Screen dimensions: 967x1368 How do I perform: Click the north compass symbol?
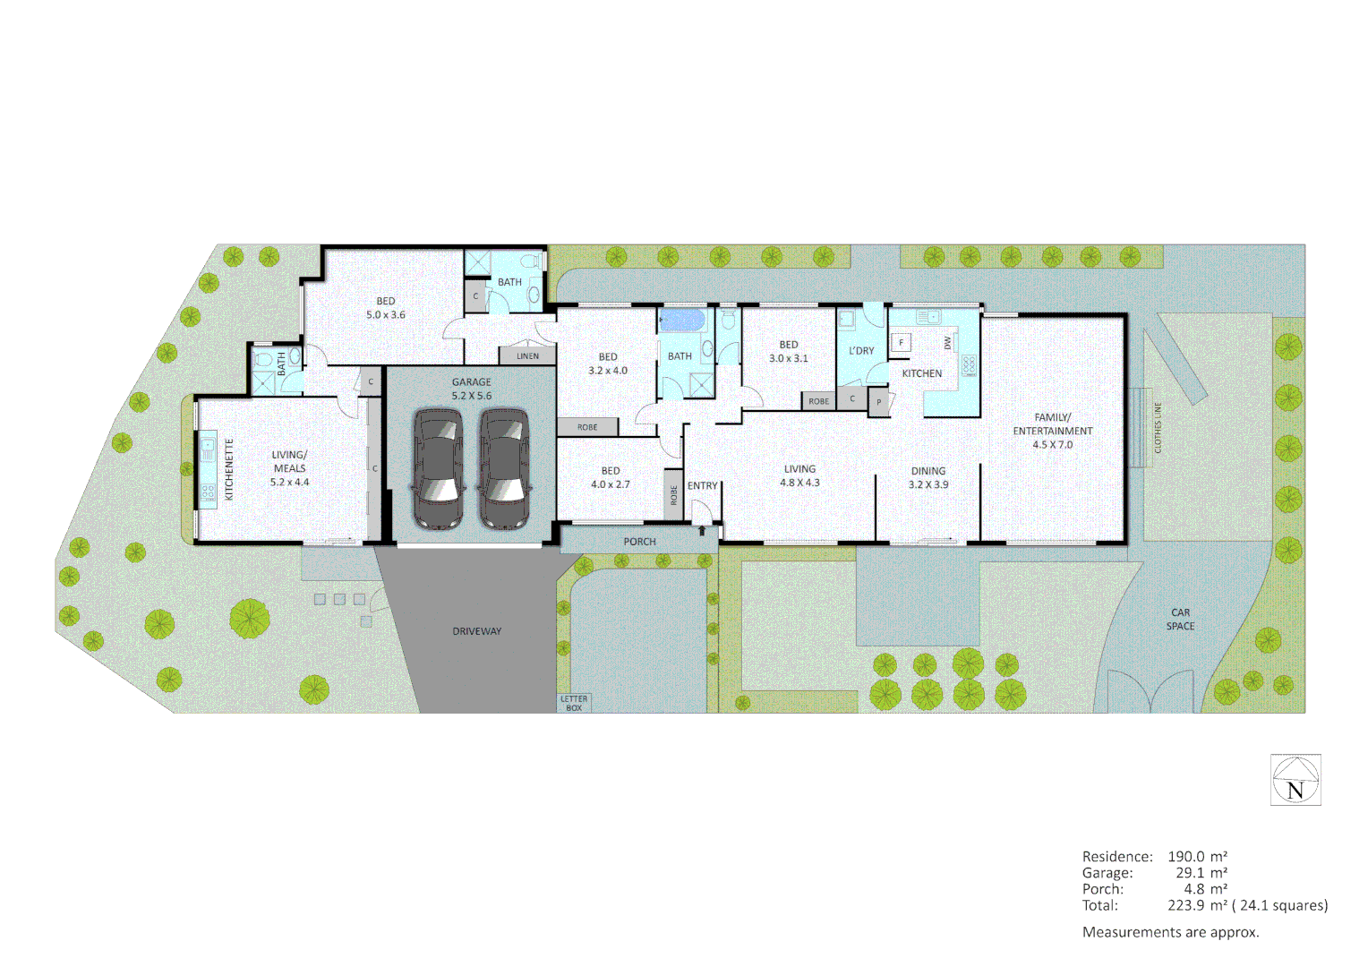click(x=1295, y=780)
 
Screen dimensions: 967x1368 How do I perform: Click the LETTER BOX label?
click(x=574, y=703)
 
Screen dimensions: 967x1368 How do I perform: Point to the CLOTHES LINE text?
click(x=1158, y=428)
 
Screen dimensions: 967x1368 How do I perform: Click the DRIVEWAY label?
click(x=476, y=631)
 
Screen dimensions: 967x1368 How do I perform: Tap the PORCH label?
click(x=639, y=542)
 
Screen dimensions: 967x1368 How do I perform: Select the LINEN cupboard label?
click(x=527, y=356)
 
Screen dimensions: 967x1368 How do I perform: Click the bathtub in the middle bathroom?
click(x=683, y=320)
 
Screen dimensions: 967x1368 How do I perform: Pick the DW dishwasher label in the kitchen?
click(x=947, y=342)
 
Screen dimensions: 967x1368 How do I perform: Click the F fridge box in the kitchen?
click(x=902, y=342)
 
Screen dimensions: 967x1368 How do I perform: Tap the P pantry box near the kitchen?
click(x=879, y=402)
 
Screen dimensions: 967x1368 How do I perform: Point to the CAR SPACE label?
click(x=1180, y=620)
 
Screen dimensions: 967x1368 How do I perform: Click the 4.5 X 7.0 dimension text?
click(x=1052, y=445)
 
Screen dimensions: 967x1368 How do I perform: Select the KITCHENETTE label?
click(x=229, y=469)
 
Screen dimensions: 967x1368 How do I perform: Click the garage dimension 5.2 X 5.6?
click(x=471, y=396)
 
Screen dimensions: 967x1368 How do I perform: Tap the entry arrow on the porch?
click(x=702, y=531)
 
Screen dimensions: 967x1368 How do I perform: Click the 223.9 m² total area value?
click(x=1197, y=905)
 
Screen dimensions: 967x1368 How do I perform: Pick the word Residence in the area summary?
click(x=1116, y=857)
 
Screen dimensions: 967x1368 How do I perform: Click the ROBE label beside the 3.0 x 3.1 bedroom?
click(x=818, y=401)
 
